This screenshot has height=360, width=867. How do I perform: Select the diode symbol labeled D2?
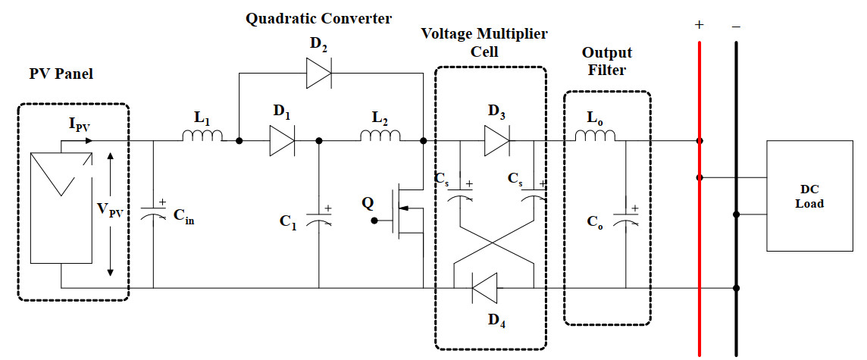320,74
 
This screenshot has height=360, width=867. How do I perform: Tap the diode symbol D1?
282,141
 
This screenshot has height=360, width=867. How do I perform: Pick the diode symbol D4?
484,288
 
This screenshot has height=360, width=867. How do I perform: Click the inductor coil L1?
202,136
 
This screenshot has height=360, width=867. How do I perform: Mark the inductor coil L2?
380,136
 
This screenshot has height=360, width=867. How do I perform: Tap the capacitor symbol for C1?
318,218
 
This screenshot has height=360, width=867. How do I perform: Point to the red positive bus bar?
699,227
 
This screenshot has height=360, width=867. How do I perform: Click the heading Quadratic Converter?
319,18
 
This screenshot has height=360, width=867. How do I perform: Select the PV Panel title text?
61,74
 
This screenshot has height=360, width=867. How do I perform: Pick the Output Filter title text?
606,61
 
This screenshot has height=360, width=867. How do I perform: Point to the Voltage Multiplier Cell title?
484,42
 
